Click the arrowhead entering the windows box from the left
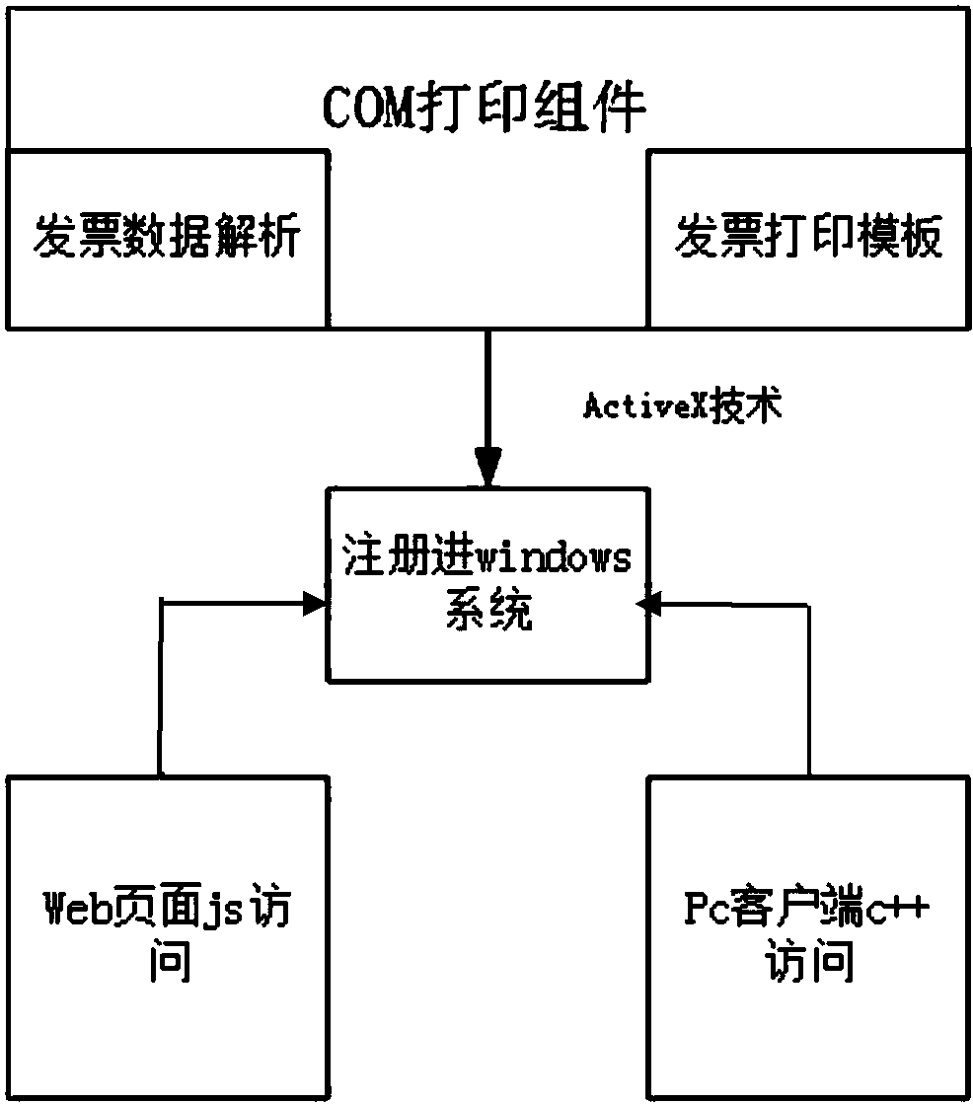[x=316, y=603]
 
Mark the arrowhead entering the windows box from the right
[x=648, y=603]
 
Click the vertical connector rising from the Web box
[x=159, y=691]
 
